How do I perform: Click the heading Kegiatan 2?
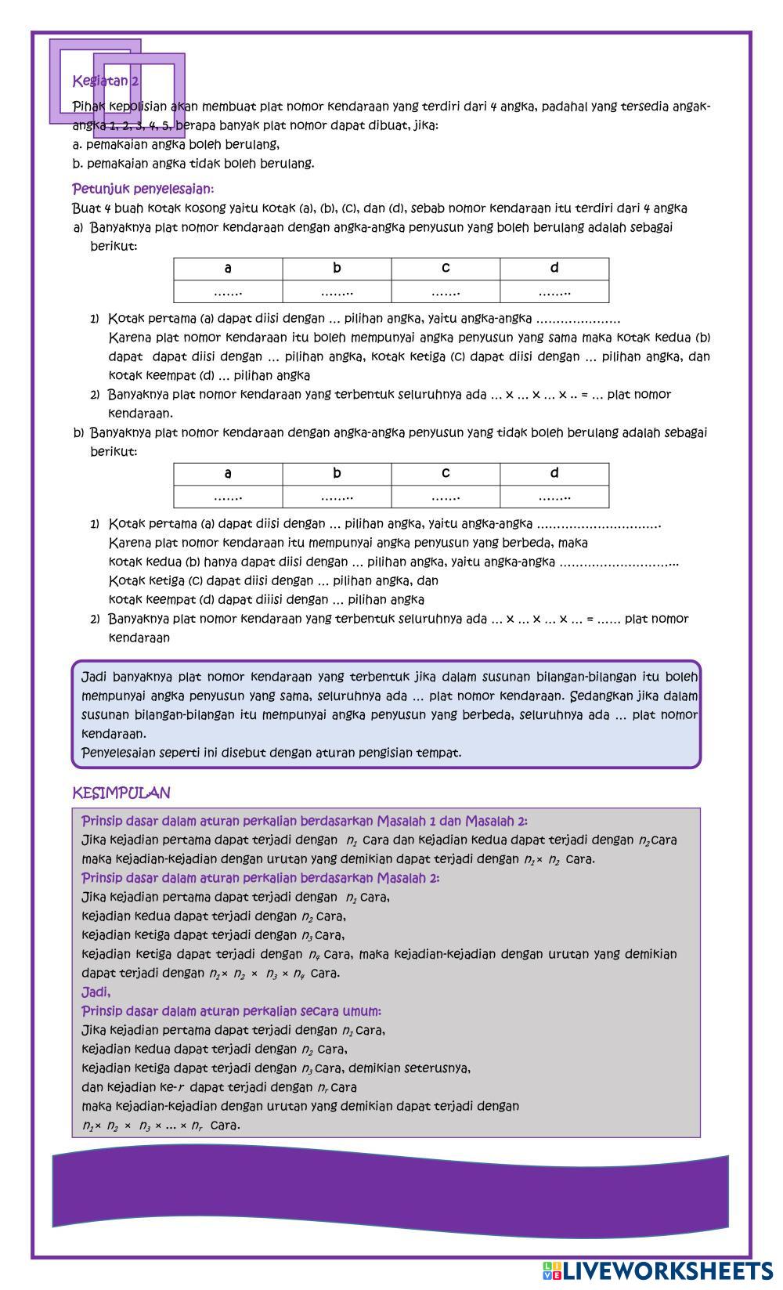point(106,81)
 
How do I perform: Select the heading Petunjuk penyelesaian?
point(143,189)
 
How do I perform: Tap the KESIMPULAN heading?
point(121,793)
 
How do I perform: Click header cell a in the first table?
point(228,269)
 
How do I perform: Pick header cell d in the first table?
point(554,269)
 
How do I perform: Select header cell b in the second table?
point(337,473)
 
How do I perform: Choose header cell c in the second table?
point(446,473)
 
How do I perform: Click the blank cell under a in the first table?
point(228,292)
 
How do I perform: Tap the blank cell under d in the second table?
point(554,497)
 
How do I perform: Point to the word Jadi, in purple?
point(96,992)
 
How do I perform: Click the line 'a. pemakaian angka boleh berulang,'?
point(175,145)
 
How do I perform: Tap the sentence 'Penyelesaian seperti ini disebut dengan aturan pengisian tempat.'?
point(272,753)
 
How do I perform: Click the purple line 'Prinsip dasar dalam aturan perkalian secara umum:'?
point(231,1011)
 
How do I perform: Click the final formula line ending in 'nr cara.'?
point(161,1126)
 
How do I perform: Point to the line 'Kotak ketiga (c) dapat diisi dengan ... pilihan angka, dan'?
point(273,581)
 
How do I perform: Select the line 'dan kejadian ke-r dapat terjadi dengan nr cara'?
point(219,1087)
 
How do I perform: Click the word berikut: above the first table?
point(114,246)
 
